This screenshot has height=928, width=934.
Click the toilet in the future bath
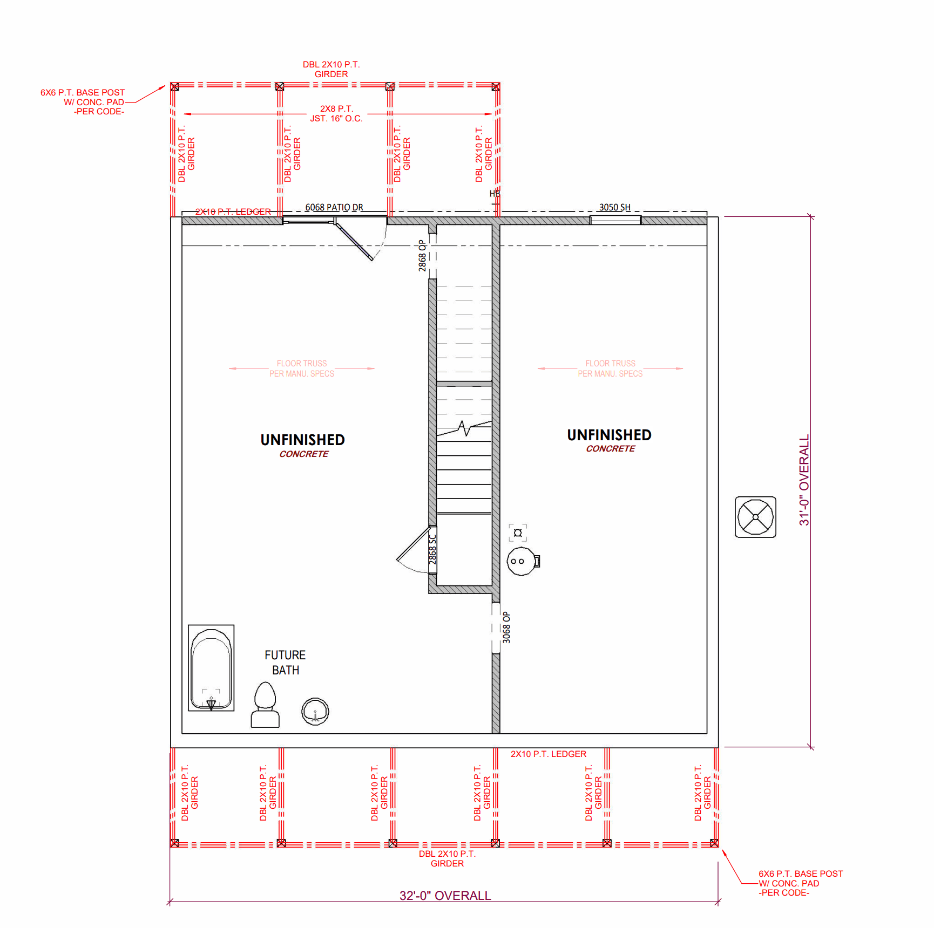(x=265, y=705)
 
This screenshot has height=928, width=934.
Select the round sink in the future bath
(x=315, y=711)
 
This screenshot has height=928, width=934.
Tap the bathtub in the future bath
(x=211, y=668)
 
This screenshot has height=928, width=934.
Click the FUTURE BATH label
(x=285, y=663)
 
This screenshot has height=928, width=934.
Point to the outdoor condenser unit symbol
(x=755, y=517)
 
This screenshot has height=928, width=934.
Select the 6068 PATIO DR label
(x=334, y=207)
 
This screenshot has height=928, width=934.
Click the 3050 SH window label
(x=615, y=207)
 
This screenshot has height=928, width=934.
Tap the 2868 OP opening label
(x=422, y=255)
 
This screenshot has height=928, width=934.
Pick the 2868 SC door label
(x=432, y=549)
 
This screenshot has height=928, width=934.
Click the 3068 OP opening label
(x=506, y=627)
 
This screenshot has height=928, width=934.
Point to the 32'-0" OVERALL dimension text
(x=445, y=896)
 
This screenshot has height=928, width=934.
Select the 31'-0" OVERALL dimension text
(x=804, y=480)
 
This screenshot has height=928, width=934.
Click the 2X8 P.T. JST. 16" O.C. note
(x=336, y=113)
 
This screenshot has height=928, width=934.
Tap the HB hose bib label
(x=495, y=194)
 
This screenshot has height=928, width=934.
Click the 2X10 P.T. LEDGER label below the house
(x=549, y=754)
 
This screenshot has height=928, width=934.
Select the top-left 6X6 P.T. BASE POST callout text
(x=83, y=102)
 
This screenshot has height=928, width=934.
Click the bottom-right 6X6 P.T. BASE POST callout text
(x=801, y=883)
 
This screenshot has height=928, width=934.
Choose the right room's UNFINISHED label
(x=609, y=435)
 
